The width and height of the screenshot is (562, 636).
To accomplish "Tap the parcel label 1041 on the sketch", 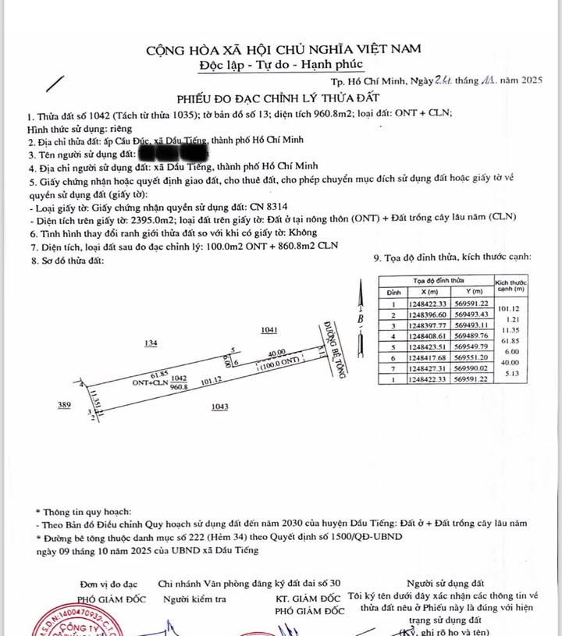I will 270,331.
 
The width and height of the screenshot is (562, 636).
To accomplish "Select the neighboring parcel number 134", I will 151,343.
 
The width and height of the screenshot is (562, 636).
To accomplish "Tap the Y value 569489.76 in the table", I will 470,336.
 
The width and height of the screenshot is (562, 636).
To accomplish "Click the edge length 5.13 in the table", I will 511,374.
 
